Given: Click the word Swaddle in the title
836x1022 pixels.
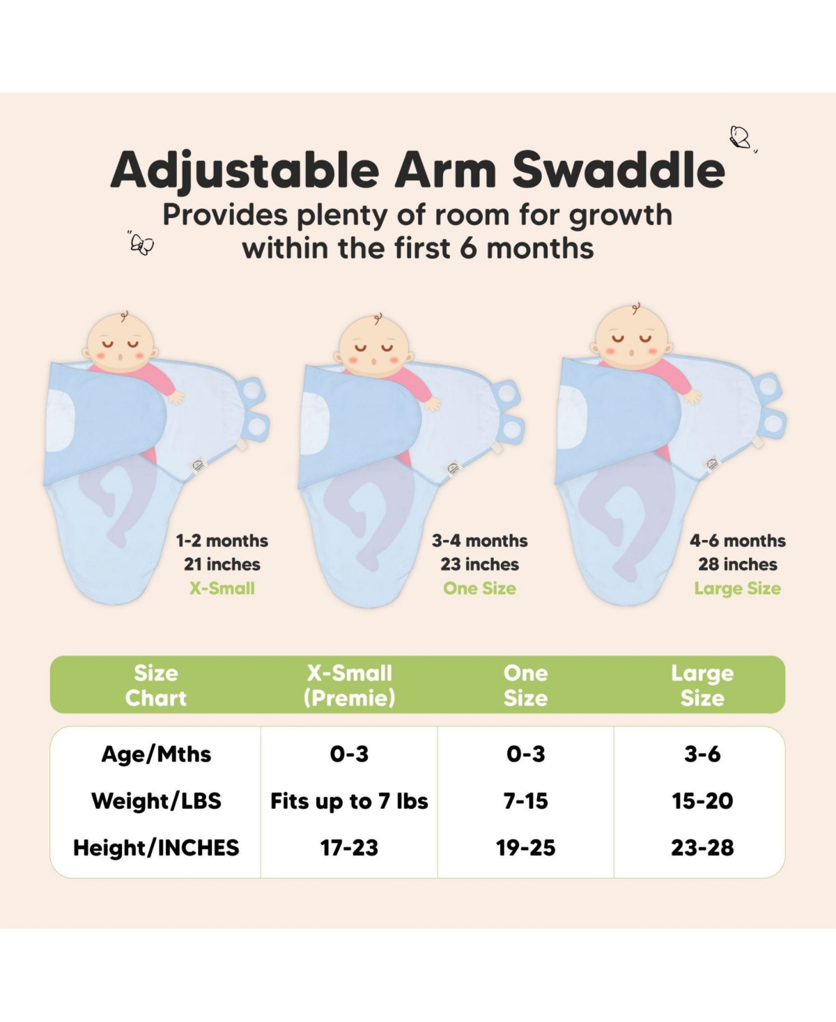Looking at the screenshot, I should point(619,170).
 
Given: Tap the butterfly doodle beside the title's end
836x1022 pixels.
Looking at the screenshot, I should point(741,137).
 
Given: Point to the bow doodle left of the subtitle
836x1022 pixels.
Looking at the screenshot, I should point(142,244).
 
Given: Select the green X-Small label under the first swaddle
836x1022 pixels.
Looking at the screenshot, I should point(222,588).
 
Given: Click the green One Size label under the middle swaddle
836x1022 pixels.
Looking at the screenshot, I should point(479,588).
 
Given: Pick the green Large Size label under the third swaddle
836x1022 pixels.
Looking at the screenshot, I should point(737,589).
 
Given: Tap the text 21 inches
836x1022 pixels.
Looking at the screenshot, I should point(222,564).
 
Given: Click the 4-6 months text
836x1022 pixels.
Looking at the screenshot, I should point(737,541).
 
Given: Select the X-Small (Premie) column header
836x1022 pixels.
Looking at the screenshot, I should point(349,685).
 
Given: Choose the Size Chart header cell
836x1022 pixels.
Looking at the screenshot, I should point(155,685).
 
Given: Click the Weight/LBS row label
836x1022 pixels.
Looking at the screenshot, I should point(156,800).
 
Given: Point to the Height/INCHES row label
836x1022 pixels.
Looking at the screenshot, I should point(156,847).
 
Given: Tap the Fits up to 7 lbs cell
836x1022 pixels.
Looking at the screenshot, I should point(349,801).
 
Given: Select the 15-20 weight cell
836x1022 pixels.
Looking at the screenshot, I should point(702,800).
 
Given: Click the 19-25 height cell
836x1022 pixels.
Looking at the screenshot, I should point(525,847).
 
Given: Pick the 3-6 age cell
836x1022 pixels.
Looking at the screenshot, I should point(702,754).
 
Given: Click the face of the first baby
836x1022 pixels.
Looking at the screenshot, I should point(120,346).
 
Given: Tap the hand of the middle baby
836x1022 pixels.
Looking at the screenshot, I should point(433,403).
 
